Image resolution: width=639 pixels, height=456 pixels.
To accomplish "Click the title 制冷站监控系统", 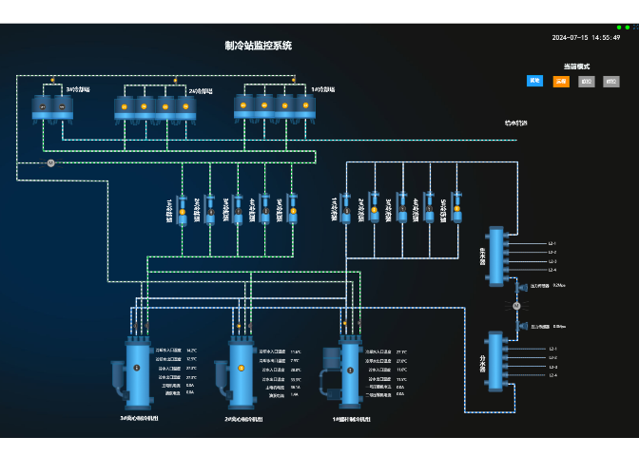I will (258, 46).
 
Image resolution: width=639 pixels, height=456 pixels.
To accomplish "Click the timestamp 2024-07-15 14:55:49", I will (586, 38).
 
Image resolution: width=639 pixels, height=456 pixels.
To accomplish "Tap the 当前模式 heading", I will (576, 66).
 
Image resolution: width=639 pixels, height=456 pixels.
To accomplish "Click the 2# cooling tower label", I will (199, 91).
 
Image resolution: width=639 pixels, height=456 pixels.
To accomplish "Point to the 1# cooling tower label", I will (322, 89).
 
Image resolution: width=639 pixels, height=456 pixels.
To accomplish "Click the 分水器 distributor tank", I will (494, 361).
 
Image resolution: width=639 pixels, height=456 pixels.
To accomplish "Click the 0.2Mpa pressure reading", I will (559, 285).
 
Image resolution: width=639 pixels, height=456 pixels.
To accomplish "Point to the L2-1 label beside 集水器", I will (552, 243).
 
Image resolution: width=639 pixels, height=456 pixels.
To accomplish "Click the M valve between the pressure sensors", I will (516, 306).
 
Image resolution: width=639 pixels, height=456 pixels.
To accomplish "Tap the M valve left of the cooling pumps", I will (51, 163).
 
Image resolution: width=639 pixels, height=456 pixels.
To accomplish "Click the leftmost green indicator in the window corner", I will (619, 28).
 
